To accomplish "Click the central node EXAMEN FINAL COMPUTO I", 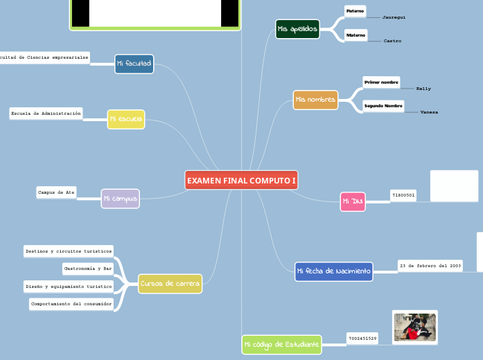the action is point(241,180).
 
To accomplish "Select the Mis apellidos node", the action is point(297,29).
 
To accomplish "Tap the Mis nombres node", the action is point(315,100).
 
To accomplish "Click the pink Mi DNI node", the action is point(353,201).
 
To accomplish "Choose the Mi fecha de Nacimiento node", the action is point(333,271).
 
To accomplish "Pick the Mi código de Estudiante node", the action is point(281,344).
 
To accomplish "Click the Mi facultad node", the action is point(134,64).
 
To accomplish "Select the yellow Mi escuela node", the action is point(126,119).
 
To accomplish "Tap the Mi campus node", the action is point(120,199).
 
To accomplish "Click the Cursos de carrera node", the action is point(170,284).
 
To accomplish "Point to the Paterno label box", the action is point(355,11).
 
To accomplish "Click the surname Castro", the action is point(392,42).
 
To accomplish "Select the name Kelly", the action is point(423,89).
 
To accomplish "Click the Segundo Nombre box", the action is point(383,106).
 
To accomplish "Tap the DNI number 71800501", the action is point(403,196).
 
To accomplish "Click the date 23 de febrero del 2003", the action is point(430,266).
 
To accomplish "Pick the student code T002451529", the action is point(363,339).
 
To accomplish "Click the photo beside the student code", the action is point(414,327).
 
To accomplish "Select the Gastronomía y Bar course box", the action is point(88,268).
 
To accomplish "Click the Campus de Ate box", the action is point(57,192).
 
